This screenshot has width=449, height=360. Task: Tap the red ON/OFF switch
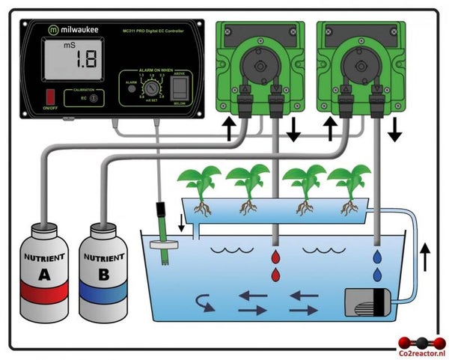tap(51, 97)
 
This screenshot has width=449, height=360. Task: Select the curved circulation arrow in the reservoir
tap(203, 302)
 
